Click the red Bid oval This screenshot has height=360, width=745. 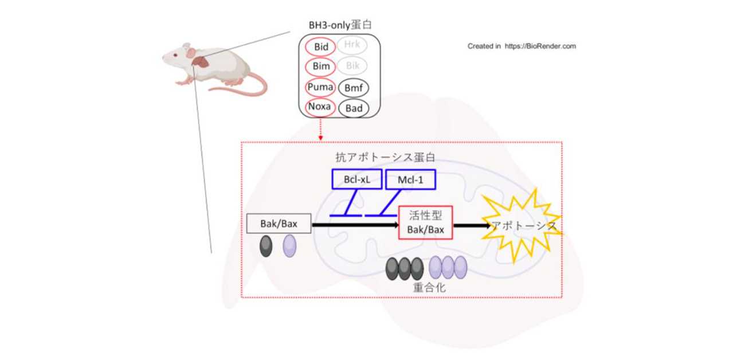[321, 46]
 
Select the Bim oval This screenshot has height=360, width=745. [321, 66]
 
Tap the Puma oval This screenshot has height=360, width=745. [321, 87]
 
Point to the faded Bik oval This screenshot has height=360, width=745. [352, 66]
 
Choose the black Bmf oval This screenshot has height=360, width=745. [353, 88]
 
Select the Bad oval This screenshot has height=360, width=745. [353, 108]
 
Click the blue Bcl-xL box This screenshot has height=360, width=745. [356, 179]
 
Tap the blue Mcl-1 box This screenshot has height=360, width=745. [410, 179]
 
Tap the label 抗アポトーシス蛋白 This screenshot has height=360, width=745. [385, 156]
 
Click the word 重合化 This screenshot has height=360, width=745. [429, 287]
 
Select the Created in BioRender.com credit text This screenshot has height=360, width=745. [521, 46]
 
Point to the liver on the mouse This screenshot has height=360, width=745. [201, 62]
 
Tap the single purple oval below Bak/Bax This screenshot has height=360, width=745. [289, 245]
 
